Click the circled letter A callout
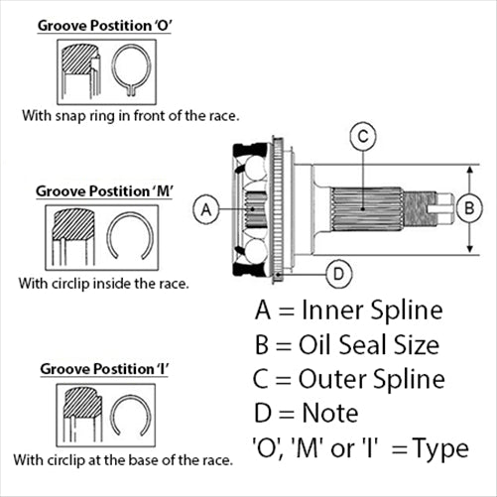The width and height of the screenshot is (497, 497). pos(206,209)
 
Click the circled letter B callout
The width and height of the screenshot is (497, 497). pos(469,208)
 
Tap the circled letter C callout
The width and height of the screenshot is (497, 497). pos(363,136)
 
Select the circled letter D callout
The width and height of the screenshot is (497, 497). pos(339,274)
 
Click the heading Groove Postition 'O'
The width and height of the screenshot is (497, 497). pos(105,26)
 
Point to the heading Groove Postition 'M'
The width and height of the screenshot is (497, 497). pos(104,191)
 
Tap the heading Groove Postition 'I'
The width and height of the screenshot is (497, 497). pos(104,369)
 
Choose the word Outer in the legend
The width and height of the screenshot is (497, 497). pos(332,379)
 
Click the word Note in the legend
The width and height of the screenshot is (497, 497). pos(330,414)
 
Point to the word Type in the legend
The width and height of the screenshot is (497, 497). pos(440,449)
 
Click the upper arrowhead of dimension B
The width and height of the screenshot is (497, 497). pos(469,170)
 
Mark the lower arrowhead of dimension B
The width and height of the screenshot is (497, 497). pos(469,249)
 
